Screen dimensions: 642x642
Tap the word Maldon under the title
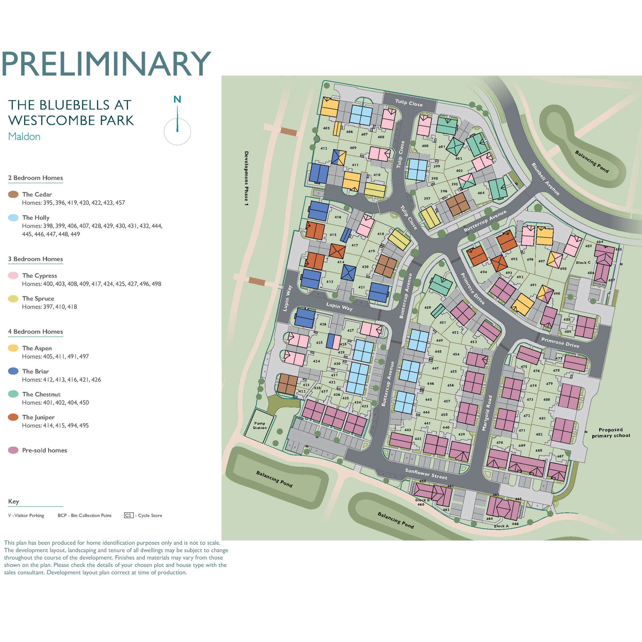click(x=24, y=137)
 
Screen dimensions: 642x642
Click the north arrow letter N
click(x=177, y=99)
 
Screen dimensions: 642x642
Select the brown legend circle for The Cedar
click(x=13, y=194)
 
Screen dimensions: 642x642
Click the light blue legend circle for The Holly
click(x=13, y=218)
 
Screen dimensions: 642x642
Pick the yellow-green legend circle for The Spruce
click(x=13, y=299)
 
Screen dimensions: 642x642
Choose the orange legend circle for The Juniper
click(x=13, y=417)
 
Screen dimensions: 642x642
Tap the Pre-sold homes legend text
click(x=44, y=450)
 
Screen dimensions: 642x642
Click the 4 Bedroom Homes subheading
click(x=35, y=332)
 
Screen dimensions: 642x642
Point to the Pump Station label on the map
click(x=260, y=425)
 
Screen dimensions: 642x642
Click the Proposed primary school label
click(x=611, y=433)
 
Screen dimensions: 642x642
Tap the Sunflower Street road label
click(x=426, y=474)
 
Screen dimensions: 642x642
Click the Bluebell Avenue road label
click(x=545, y=179)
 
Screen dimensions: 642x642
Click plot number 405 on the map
click(x=326, y=128)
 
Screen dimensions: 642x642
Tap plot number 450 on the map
click(x=427, y=307)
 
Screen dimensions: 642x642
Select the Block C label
click(x=583, y=262)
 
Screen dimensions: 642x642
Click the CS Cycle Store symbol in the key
click(x=129, y=515)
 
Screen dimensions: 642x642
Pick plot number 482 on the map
click(x=539, y=434)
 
